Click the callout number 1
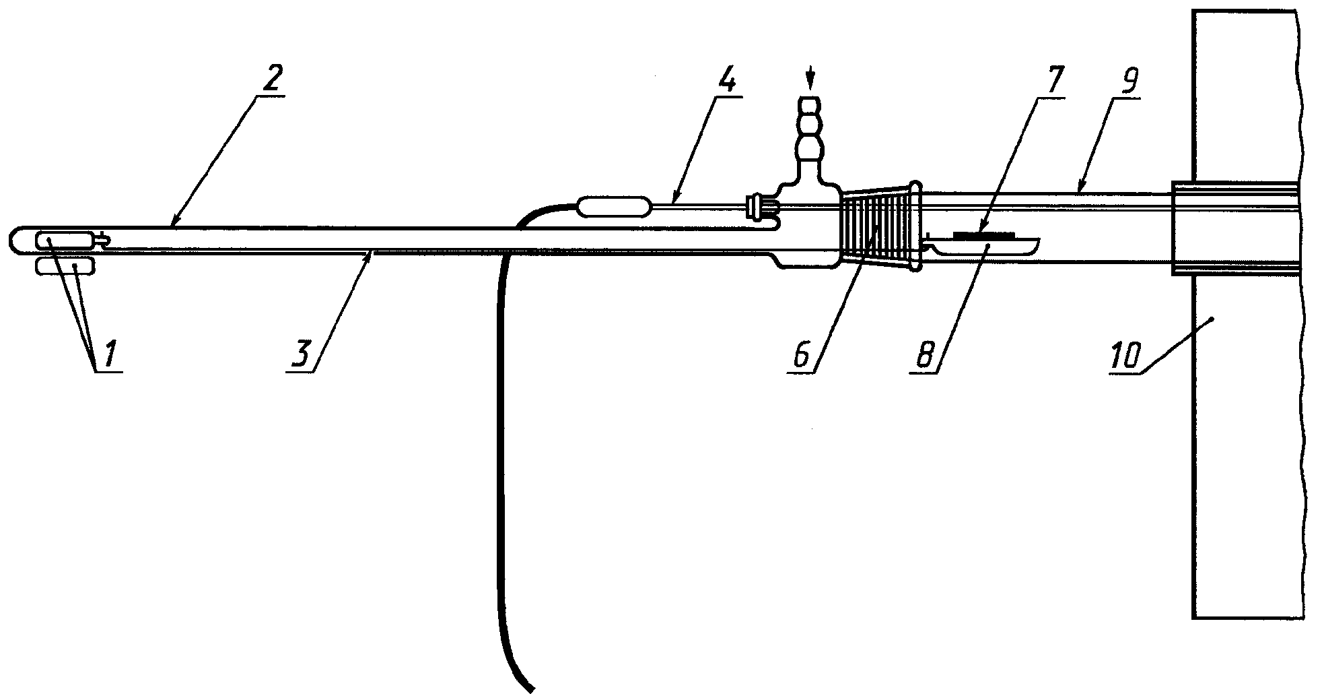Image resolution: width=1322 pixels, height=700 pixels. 108,354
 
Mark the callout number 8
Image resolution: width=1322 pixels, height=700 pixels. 927,354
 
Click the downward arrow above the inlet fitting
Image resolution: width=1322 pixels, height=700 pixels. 810,79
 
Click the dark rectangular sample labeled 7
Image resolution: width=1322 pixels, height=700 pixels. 983,235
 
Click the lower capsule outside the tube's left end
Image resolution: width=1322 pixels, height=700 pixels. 65,266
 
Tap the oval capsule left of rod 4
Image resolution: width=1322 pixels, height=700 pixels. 615,205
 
